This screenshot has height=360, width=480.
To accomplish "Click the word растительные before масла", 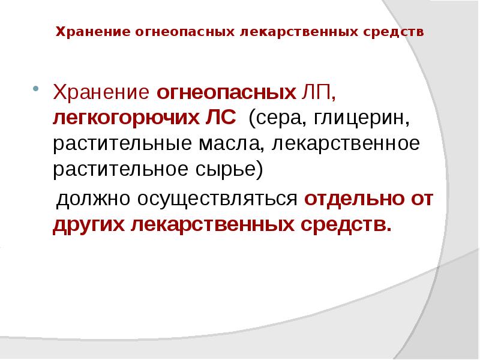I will [122, 144].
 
